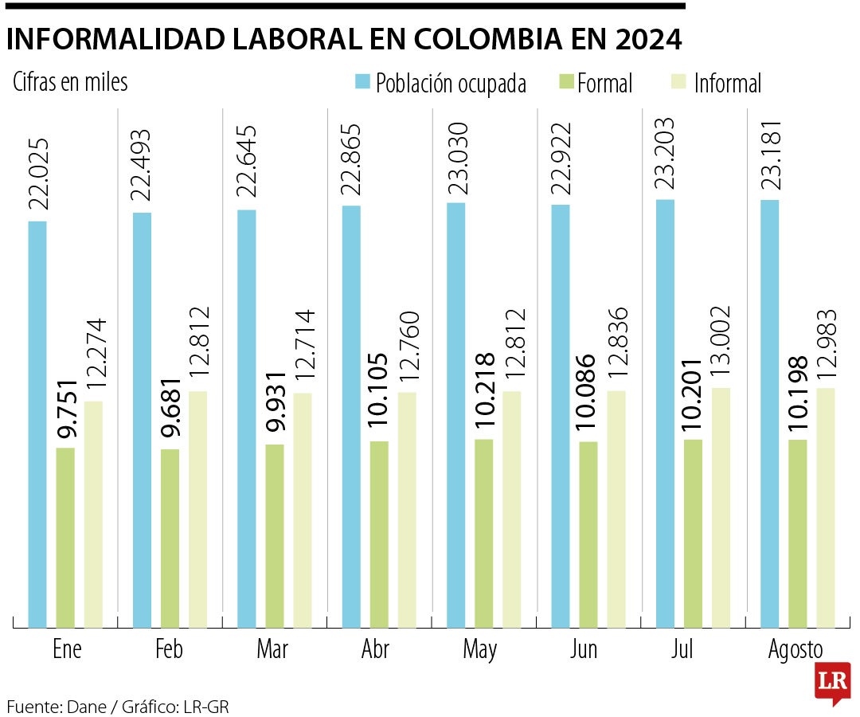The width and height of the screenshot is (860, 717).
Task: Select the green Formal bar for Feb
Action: (170, 539)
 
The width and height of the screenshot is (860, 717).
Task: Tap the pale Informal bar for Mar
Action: (302, 510)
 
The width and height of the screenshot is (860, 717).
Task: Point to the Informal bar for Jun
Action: (616, 509)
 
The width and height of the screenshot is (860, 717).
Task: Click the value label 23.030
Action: (456, 159)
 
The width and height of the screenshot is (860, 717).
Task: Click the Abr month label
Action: (375, 650)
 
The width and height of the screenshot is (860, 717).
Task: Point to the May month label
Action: (480, 650)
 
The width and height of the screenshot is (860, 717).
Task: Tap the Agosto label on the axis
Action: (795, 650)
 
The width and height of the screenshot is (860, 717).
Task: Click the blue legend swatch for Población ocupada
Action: (363, 81)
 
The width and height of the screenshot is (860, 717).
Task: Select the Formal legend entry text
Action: (604, 83)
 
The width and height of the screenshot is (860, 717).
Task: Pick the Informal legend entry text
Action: (727, 83)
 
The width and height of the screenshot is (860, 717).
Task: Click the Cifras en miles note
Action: (70, 82)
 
